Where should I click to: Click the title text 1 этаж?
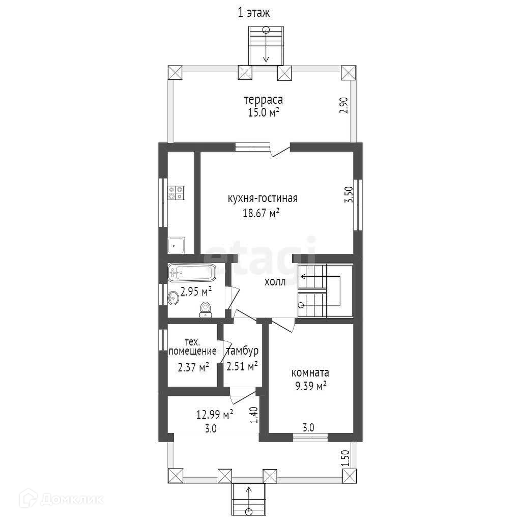tap(253, 13)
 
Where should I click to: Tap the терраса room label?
tap(263, 100)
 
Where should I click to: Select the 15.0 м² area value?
tap(263, 112)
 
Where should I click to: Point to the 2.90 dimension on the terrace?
tap(344, 105)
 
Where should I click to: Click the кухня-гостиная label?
tap(263, 198)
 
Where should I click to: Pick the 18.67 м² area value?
tap(261, 213)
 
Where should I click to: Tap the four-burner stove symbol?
tap(177, 193)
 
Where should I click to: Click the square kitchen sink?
tap(176, 245)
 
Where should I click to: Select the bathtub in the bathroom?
tap(192, 273)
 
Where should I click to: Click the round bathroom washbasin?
tap(173, 298)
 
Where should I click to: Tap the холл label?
tap(275, 282)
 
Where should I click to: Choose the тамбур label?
tap(242, 351)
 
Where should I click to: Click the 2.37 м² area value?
tap(193, 367)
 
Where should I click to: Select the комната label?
tap(310, 372)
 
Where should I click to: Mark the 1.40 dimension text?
tap(253, 415)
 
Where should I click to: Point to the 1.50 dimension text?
tap(345, 458)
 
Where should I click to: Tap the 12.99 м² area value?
tap(215, 415)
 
